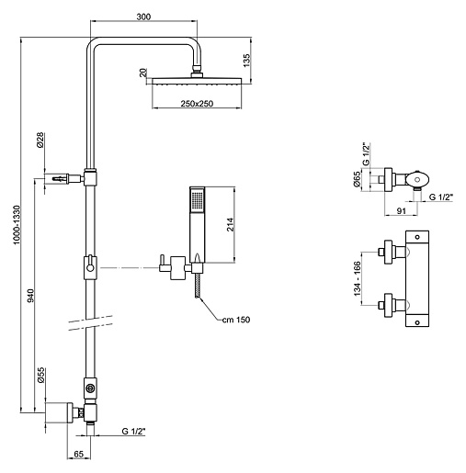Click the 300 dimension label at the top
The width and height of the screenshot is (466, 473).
click(143, 17)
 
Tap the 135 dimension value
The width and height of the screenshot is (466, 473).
click(246, 61)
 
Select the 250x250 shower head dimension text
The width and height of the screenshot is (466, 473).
click(197, 104)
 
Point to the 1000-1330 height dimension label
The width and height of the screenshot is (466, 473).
click(17, 225)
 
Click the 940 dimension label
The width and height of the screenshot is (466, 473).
click(30, 296)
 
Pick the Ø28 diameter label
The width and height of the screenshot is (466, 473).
click(40, 141)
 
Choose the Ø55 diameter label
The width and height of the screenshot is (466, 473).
click(41, 376)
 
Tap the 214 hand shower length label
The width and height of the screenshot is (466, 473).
click(231, 224)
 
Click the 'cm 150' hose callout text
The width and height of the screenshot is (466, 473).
click(236, 320)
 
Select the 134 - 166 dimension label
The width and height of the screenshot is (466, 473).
click(358, 278)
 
